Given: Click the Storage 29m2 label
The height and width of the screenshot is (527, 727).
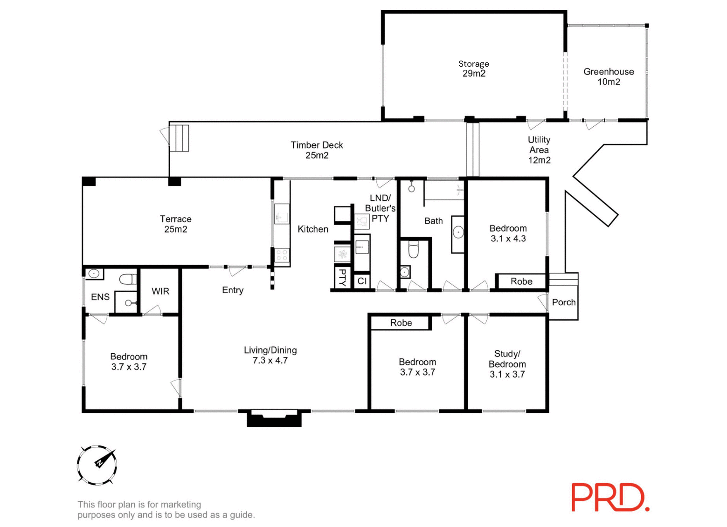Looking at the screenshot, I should click(473, 68).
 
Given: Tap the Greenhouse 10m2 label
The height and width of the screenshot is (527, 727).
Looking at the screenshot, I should click(609, 76).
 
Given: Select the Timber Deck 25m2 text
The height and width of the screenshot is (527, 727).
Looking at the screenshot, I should click(317, 150).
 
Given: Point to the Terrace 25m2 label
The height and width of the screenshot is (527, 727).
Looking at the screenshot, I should click(175, 224).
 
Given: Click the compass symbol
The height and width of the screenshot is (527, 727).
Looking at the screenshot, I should click(97, 465).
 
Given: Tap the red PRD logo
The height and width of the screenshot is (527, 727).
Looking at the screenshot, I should click(610, 497).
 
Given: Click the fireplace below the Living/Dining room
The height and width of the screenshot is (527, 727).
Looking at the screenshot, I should click(274, 418).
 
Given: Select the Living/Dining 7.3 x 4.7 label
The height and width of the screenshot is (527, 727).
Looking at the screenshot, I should click(270, 355).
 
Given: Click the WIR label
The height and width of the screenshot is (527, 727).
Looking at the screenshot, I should click(160, 291).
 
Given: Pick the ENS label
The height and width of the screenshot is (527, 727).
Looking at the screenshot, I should click(100, 297).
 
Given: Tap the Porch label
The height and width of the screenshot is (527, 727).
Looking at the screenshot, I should click(563, 302).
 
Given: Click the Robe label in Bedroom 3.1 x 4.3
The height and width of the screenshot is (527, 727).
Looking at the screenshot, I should click(521, 281).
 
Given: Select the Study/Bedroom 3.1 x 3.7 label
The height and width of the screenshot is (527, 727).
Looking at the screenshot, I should click(507, 364).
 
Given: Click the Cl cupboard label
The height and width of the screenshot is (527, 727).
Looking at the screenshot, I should click(362, 281).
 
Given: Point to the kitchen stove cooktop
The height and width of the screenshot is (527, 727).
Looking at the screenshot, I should click(282, 255).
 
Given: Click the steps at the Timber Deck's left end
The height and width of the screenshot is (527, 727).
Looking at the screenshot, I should click(179, 138).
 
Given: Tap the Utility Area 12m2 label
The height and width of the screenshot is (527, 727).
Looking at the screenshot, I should click(539, 150).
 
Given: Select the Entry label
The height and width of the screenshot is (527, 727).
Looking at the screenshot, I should click(233, 290).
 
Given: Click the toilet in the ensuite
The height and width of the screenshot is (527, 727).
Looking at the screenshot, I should click(127, 279).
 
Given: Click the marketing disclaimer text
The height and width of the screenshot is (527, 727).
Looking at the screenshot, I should click(166, 509).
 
